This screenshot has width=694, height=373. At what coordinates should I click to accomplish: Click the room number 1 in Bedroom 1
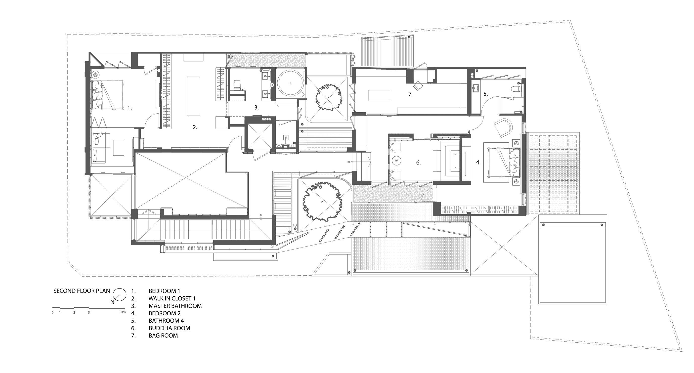pos(129,108)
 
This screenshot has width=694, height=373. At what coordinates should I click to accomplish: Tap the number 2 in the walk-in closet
pos(195,127)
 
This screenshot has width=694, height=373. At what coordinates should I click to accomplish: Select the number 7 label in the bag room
pos(410,95)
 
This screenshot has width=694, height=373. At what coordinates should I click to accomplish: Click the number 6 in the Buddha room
pos(418,163)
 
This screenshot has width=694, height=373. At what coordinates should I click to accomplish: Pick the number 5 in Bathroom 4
pos(485,94)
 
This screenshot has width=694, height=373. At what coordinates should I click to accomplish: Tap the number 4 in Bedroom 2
pos(478,163)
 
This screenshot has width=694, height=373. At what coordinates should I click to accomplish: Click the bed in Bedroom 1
pos(108,94)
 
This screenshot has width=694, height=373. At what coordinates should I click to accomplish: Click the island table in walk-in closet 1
pos(193,96)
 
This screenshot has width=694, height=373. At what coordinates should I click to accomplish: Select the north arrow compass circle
pos(120,295)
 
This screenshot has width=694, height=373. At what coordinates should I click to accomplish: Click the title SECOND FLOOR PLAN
pos(82,291)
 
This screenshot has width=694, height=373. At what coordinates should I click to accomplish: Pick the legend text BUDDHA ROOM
pos(170,328)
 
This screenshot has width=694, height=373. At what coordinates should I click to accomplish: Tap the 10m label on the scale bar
pos(122,312)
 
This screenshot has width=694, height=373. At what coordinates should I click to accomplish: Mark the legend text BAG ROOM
pos(163,335)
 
